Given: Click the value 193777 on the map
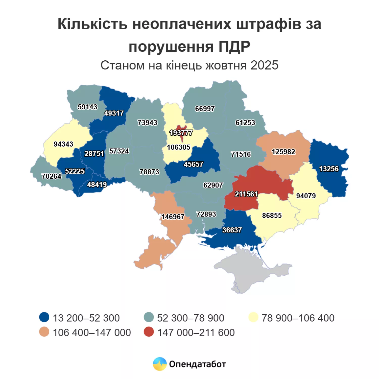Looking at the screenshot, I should click(x=181, y=133).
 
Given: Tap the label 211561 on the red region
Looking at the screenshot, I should click(x=246, y=194).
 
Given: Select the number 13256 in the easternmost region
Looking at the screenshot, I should click(x=328, y=169).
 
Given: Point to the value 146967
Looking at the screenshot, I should click(x=173, y=217).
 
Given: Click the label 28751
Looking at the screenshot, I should click(x=94, y=154).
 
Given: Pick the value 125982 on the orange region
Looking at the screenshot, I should click(x=283, y=152).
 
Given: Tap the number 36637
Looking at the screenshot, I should click(x=232, y=230).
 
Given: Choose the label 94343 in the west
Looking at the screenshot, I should click(x=63, y=144).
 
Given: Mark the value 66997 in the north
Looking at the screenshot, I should click(x=205, y=109).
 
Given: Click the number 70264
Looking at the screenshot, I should click(x=51, y=176).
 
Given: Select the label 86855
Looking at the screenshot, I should click(x=272, y=216).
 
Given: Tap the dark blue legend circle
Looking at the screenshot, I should click(x=44, y=317).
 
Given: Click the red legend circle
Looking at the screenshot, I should click(x=149, y=332).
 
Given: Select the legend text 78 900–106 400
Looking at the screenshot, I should click(x=298, y=318).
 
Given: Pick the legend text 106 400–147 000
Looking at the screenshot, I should click(x=92, y=333).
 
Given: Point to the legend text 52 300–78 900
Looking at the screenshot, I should click(x=191, y=318).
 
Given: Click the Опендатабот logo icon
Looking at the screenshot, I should click(x=160, y=364).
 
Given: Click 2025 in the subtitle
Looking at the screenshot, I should click(x=264, y=65).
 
